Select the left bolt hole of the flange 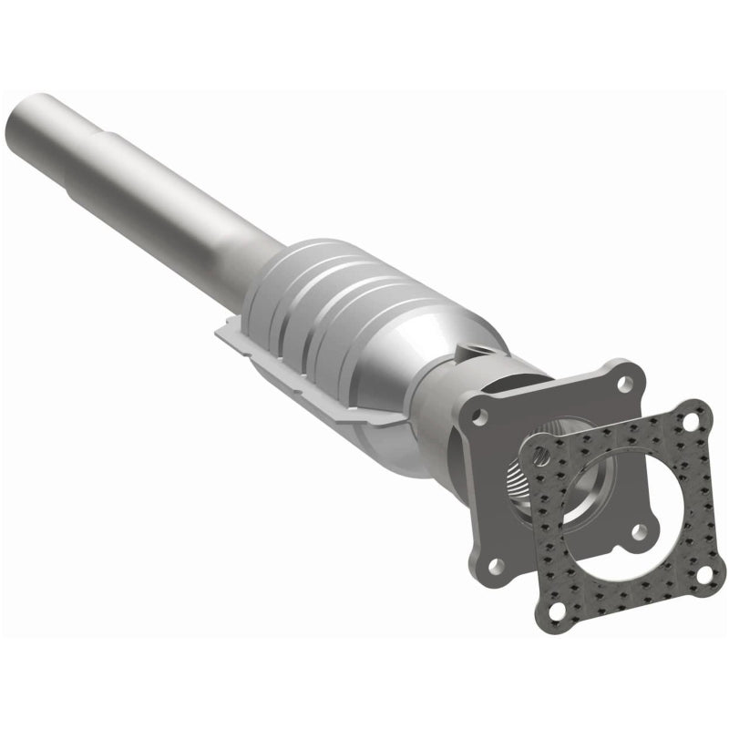[480, 417]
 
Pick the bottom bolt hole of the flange [495, 566]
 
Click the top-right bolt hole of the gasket [691, 423]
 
